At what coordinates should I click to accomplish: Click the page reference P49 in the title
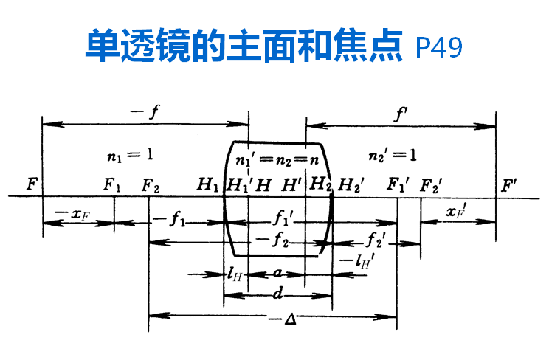tap(440, 47)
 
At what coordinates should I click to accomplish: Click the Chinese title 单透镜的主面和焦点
tap(245, 45)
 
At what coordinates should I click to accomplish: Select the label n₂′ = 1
tap(392, 156)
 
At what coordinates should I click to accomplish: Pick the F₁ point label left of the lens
tap(112, 184)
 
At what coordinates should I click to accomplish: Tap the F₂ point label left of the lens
tap(151, 184)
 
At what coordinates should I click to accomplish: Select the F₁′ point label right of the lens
tap(398, 184)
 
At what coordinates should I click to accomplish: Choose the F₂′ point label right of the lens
tap(432, 184)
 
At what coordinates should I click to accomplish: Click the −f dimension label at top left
tap(144, 113)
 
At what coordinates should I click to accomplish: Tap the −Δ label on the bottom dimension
tap(278, 319)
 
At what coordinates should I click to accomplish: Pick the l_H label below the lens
tap(235, 274)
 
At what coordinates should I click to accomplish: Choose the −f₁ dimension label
tap(169, 219)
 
